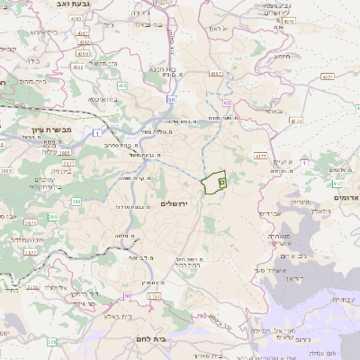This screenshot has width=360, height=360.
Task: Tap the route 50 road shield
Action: [170, 99]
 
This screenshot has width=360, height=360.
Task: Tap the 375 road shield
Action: [52, 342]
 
